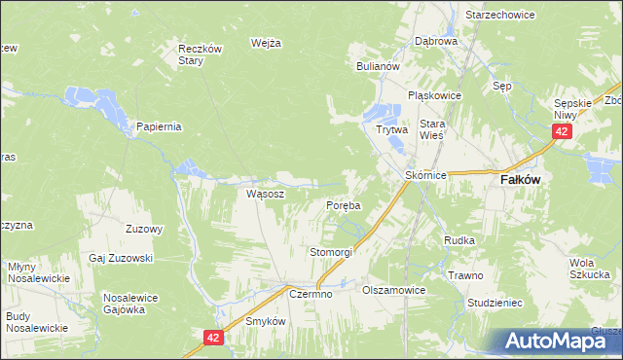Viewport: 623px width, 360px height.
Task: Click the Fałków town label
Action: [x=520, y=180]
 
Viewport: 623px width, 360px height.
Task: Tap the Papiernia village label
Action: [x=160, y=126]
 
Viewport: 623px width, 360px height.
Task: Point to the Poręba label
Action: [x=343, y=206]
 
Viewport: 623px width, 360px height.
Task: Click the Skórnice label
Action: [x=425, y=175]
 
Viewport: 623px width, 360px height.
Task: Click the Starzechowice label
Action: [x=502, y=17]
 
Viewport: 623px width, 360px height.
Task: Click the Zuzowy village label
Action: [x=144, y=230]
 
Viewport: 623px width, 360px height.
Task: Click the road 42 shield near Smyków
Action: [x=215, y=337]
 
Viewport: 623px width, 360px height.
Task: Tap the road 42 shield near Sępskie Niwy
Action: [x=562, y=131]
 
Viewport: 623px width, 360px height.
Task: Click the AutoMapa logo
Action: [x=561, y=341]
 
